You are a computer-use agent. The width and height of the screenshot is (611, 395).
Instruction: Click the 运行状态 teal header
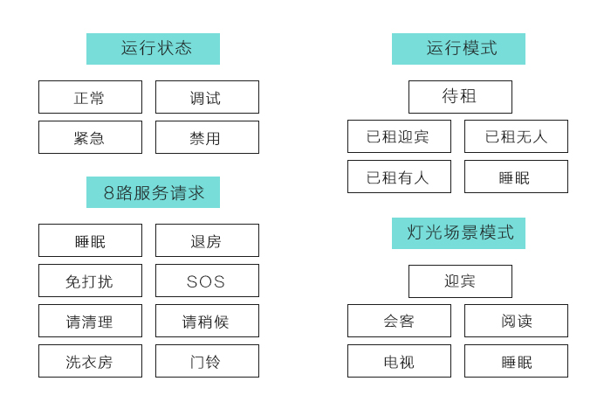153,49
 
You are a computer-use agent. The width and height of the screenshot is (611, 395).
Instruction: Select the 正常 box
90,97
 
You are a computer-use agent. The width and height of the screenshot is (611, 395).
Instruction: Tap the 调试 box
207,97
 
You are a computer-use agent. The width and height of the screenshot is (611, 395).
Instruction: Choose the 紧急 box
90,137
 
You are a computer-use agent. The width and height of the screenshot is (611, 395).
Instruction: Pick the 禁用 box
207,137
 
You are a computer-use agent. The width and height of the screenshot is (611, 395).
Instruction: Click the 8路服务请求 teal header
153,192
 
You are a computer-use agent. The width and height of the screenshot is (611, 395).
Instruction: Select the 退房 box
207,240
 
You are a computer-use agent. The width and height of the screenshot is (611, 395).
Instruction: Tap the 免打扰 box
90,281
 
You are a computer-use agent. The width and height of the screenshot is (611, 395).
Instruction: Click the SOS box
207,281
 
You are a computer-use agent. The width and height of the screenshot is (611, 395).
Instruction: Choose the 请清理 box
90,321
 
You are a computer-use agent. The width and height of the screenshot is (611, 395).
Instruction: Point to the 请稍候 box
207,321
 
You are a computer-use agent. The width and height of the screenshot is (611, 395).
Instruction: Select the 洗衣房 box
90,361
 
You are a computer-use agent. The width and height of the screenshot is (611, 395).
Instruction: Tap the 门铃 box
207,361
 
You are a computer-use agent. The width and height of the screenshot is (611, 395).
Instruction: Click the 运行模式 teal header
458,49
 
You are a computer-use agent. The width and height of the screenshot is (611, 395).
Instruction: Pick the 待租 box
460,97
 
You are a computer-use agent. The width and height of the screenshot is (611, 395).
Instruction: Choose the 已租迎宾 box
399,136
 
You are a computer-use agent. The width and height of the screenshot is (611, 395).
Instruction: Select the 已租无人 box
516,136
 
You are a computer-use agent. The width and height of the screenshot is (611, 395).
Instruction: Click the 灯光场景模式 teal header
458,233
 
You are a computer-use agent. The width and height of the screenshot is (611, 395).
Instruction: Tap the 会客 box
399,321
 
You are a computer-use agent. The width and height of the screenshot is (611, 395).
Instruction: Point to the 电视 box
399,361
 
